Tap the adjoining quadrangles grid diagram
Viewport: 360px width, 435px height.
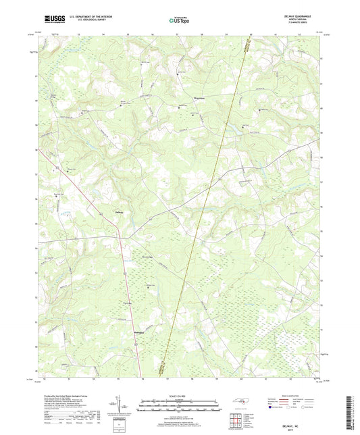coord(242,419)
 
